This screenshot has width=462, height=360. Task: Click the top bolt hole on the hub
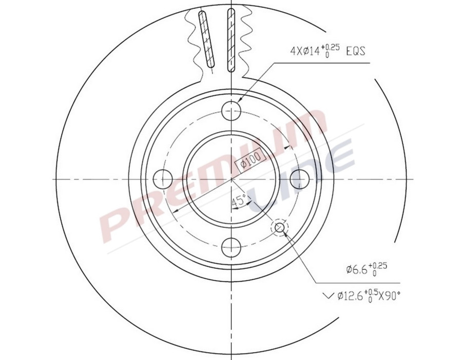pyautogui.click(x=232, y=110)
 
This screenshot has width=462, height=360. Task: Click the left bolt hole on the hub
pyautogui.click(x=163, y=178)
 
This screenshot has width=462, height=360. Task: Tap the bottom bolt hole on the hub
pyautogui.click(x=232, y=247)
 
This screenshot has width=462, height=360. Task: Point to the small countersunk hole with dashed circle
pyautogui.click(x=280, y=227)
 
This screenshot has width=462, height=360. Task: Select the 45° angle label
pyautogui.click(x=239, y=201)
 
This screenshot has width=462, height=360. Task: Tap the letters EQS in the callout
pyautogui.click(x=356, y=51)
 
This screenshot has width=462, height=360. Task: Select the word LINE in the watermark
pyautogui.click(x=303, y=177)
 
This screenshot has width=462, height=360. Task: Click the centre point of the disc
pyautogui.click(x=232, y=178)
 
